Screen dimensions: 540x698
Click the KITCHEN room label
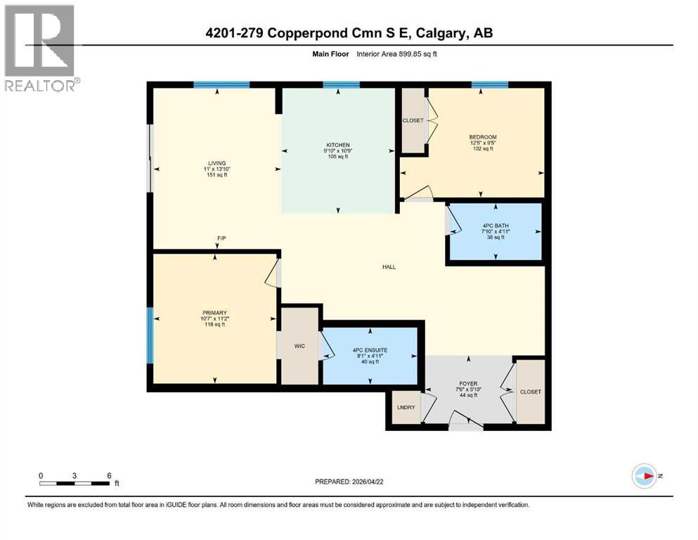click(x=338, y=145)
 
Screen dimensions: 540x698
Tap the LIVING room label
click(x=216, y=163)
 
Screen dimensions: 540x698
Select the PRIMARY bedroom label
click(x=214, y=313)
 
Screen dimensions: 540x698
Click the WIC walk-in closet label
click(x=300, y=346)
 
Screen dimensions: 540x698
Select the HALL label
click(x=389, y=267)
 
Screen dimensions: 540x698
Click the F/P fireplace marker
click(x=221, y=239)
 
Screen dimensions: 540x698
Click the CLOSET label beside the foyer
click(x=531, y=392)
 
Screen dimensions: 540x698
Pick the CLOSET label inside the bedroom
click(x=413, y=120)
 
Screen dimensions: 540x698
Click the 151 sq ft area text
click(x=216, y=175)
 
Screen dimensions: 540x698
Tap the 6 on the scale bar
click(x=108, y=475)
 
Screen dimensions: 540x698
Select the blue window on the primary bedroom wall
click(x=149, y=335)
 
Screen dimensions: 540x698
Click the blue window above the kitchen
click(x=341, y=84)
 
